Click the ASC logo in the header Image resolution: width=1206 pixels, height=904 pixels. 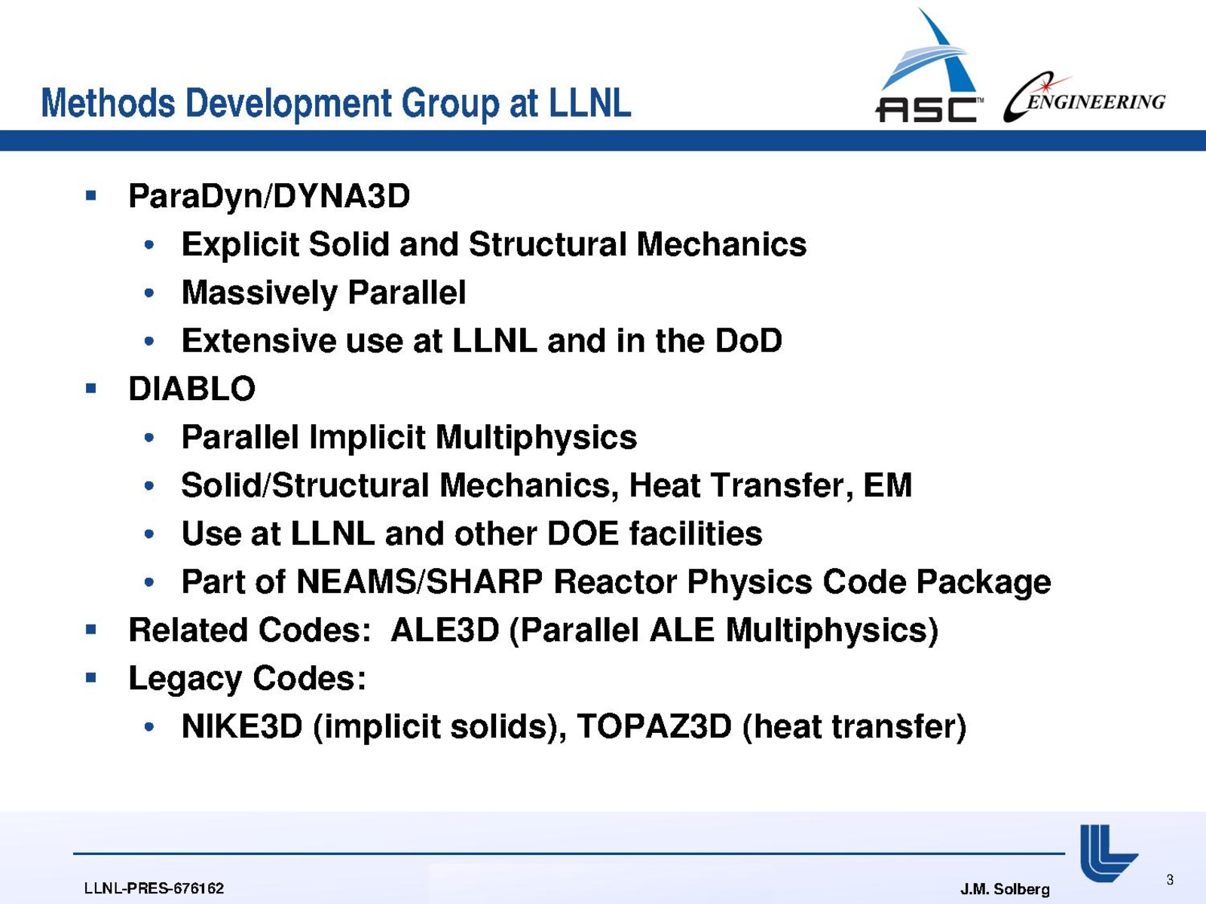(x=929, y=65)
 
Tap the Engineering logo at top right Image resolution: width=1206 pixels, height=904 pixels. (x=1084, y=98)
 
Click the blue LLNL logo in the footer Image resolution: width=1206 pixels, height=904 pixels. (x=1108, y=853)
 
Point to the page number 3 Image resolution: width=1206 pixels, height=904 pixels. (x=1170, y=880)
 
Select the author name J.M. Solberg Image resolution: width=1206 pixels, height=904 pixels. (x=1005, y=889)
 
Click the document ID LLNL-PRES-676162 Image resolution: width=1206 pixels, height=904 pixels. (x=154, y=888)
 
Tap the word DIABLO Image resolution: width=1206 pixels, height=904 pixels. (x=191, y=389)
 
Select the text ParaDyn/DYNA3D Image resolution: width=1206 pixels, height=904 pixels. (x=269, y=196)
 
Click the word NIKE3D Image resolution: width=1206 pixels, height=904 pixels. (x=242, y=726)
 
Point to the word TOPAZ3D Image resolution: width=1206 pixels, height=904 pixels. (x=654, y=726)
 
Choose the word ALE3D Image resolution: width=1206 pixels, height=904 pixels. (x=445, y=630)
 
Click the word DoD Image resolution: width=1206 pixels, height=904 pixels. (x=748, y=341)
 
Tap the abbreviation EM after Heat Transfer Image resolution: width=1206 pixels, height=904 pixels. (x=887, y=485)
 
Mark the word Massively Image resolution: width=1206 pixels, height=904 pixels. (x=259, y=292)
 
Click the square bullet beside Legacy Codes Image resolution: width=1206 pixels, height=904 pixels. (x=91, y=677)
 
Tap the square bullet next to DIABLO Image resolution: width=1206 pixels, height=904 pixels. (x=91, y=389)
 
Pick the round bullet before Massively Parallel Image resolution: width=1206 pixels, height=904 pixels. (x=149, y=292)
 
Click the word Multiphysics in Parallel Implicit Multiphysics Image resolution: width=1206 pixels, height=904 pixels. (x=536, y=438)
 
